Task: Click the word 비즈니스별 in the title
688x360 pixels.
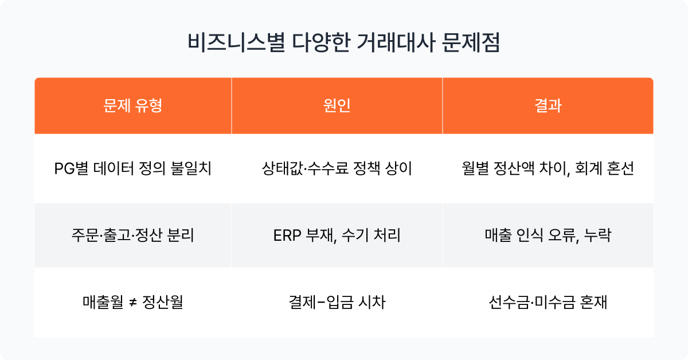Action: [x=236, y=42]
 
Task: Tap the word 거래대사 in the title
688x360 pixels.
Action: [x=396, y=42]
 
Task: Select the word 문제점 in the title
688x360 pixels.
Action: [x=471, y=42]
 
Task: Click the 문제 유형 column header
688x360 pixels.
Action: [x=132, y=105]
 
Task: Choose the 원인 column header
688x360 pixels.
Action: [x=337, y=105]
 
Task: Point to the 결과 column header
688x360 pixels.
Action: [x=548, y=105]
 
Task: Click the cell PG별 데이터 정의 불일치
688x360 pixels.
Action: [x=132, y=169]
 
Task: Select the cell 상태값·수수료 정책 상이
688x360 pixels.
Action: [x=337, y=169]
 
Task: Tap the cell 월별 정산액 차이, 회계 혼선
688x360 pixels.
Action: [x=548, y=169]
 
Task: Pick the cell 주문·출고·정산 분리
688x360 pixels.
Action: [x=132, y=235]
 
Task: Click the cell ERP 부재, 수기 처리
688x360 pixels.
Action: [x=337, y=235]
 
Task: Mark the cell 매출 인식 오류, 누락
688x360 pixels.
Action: [x=548, y=235]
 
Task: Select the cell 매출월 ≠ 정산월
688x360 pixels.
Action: [x=132, y=302]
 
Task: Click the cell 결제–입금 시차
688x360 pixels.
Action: [x=337, y=302]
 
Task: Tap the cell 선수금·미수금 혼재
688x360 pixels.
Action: [x=548, y=302]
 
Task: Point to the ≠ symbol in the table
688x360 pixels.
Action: [x=132, y=303]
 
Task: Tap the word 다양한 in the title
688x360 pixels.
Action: [x=321, y=42]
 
